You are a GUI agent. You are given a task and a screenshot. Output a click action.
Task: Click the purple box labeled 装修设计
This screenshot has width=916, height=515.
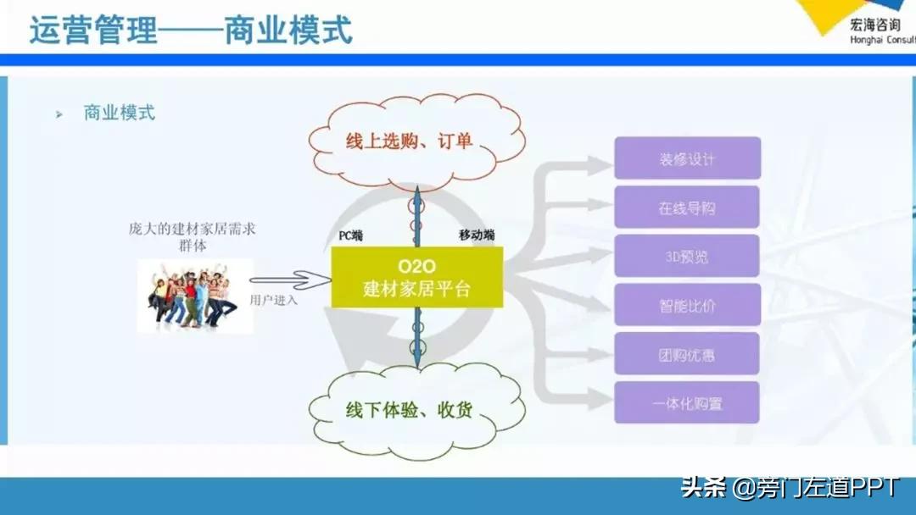(x=687, y=158)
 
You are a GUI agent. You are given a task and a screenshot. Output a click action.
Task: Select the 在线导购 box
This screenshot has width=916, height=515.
(x=687, y=208)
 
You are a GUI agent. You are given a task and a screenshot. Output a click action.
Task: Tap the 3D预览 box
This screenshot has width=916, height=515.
(x=687, y=256)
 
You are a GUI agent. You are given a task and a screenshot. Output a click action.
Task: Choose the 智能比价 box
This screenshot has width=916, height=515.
(x=687, y=305)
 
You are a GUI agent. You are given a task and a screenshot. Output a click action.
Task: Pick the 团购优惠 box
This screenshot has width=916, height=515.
(x=687, y=354)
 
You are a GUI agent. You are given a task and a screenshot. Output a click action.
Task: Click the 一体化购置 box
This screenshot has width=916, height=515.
(x=687, y=403)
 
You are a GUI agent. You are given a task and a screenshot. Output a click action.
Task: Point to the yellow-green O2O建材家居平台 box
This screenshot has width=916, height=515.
(x=416, y=277)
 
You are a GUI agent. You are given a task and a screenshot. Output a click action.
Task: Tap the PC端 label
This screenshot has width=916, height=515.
(x=345, y=236)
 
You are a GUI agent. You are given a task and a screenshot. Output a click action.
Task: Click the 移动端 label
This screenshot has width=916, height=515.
(x=476, y=235)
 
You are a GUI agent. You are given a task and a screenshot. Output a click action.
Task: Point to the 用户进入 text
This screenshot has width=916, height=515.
(x=274, y=300)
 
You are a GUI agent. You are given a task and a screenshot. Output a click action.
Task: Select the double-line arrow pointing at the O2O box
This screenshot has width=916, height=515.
(x=288, y=279)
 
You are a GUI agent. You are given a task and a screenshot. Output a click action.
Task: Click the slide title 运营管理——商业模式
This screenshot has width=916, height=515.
(x=191, y=30)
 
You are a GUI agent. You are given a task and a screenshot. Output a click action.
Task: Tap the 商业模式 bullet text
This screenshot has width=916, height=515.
(x=120, y=113)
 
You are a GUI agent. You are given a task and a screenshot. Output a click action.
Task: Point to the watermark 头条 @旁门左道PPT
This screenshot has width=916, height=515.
(x=790, y=489)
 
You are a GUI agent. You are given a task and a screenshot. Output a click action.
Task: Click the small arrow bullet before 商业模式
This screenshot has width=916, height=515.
(x=59, y=114)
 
